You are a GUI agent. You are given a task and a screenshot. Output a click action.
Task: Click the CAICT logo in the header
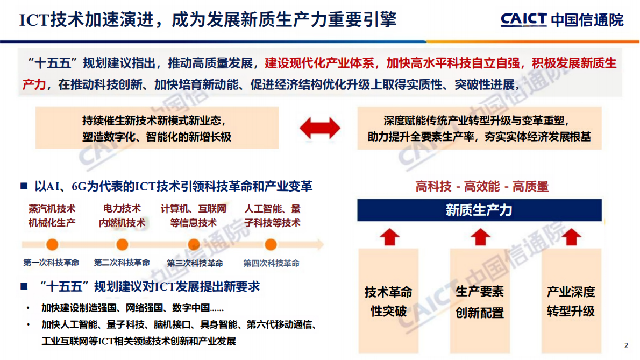(523, 19)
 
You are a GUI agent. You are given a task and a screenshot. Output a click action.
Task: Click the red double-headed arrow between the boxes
(319, 128)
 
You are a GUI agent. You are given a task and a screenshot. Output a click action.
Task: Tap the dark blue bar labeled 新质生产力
(479, 210)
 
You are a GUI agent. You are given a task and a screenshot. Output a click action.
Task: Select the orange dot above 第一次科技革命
(52, 244)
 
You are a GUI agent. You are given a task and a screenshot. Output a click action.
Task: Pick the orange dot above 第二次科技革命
(122, 244)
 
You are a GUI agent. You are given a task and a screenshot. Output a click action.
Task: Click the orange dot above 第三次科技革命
(194, 244)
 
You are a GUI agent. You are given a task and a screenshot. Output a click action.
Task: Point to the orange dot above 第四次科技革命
(271, 244)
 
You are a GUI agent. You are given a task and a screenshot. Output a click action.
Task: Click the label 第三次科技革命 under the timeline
(195, 263)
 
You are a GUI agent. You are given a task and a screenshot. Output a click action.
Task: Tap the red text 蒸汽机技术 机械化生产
(52, 216)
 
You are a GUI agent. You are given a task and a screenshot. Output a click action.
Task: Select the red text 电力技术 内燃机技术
(122, 216)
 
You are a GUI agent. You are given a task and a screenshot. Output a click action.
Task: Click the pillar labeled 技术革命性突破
(388, 301)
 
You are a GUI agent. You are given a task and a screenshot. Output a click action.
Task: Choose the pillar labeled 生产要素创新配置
(480, 301)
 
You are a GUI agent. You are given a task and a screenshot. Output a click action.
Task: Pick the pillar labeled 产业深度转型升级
(571, 301)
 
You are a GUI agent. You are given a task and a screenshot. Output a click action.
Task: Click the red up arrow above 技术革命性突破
(389, 236)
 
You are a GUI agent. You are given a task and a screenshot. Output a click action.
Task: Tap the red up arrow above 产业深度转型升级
(571, 236)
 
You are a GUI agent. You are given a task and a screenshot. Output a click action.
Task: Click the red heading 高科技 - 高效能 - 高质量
(482, 187)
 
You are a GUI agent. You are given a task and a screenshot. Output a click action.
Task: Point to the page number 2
(626, 345)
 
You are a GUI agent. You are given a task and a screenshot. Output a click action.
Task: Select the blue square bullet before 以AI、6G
(24, 186)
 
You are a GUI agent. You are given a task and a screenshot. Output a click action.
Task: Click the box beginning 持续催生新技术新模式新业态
(157, 128)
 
